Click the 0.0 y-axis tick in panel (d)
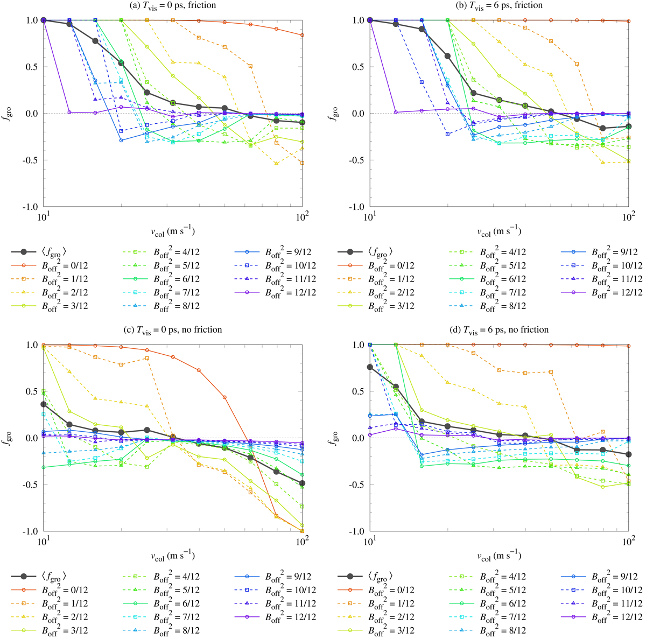click(x=359, y=438)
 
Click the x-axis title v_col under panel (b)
click(x=498, y=231)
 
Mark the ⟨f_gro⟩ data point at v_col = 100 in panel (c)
click(x=302, y=483)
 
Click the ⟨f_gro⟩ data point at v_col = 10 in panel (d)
click(x=369, y=367)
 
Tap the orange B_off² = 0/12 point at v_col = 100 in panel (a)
click(x=302, y=35)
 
